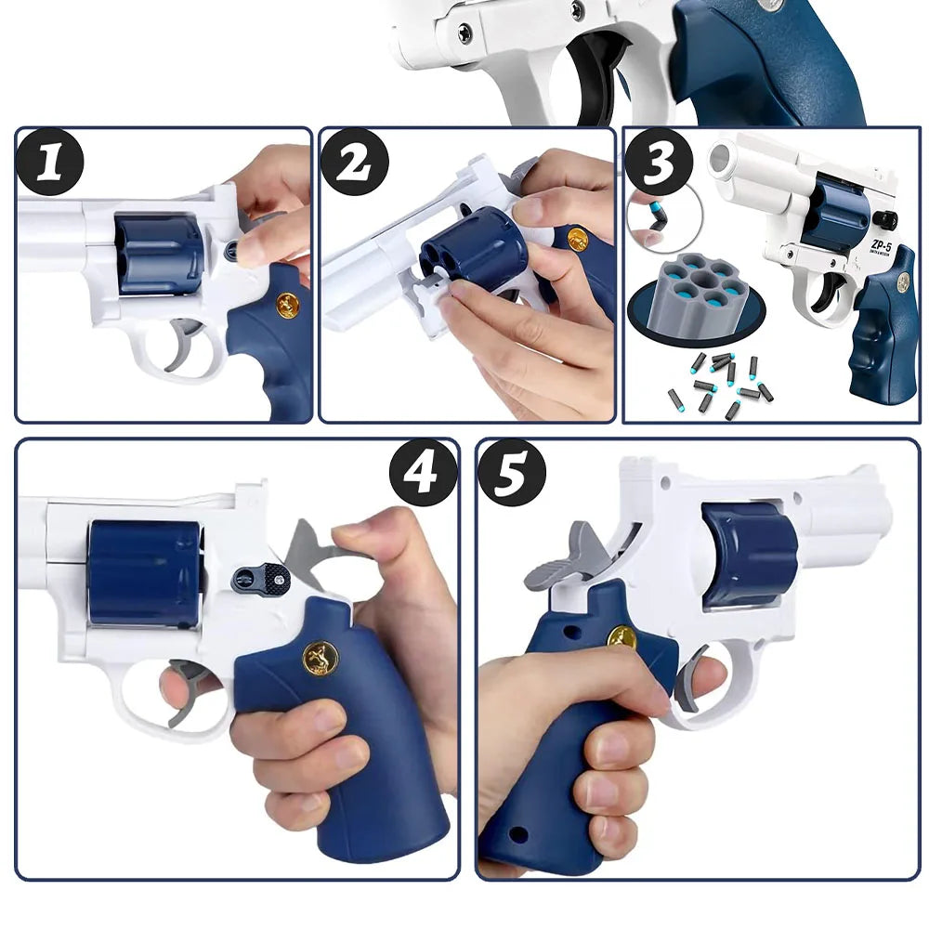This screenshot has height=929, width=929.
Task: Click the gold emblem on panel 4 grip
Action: (321, 658)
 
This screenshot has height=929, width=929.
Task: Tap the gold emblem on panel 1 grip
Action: (287, 304)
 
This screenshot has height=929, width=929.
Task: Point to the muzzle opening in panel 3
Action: (720, 159)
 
